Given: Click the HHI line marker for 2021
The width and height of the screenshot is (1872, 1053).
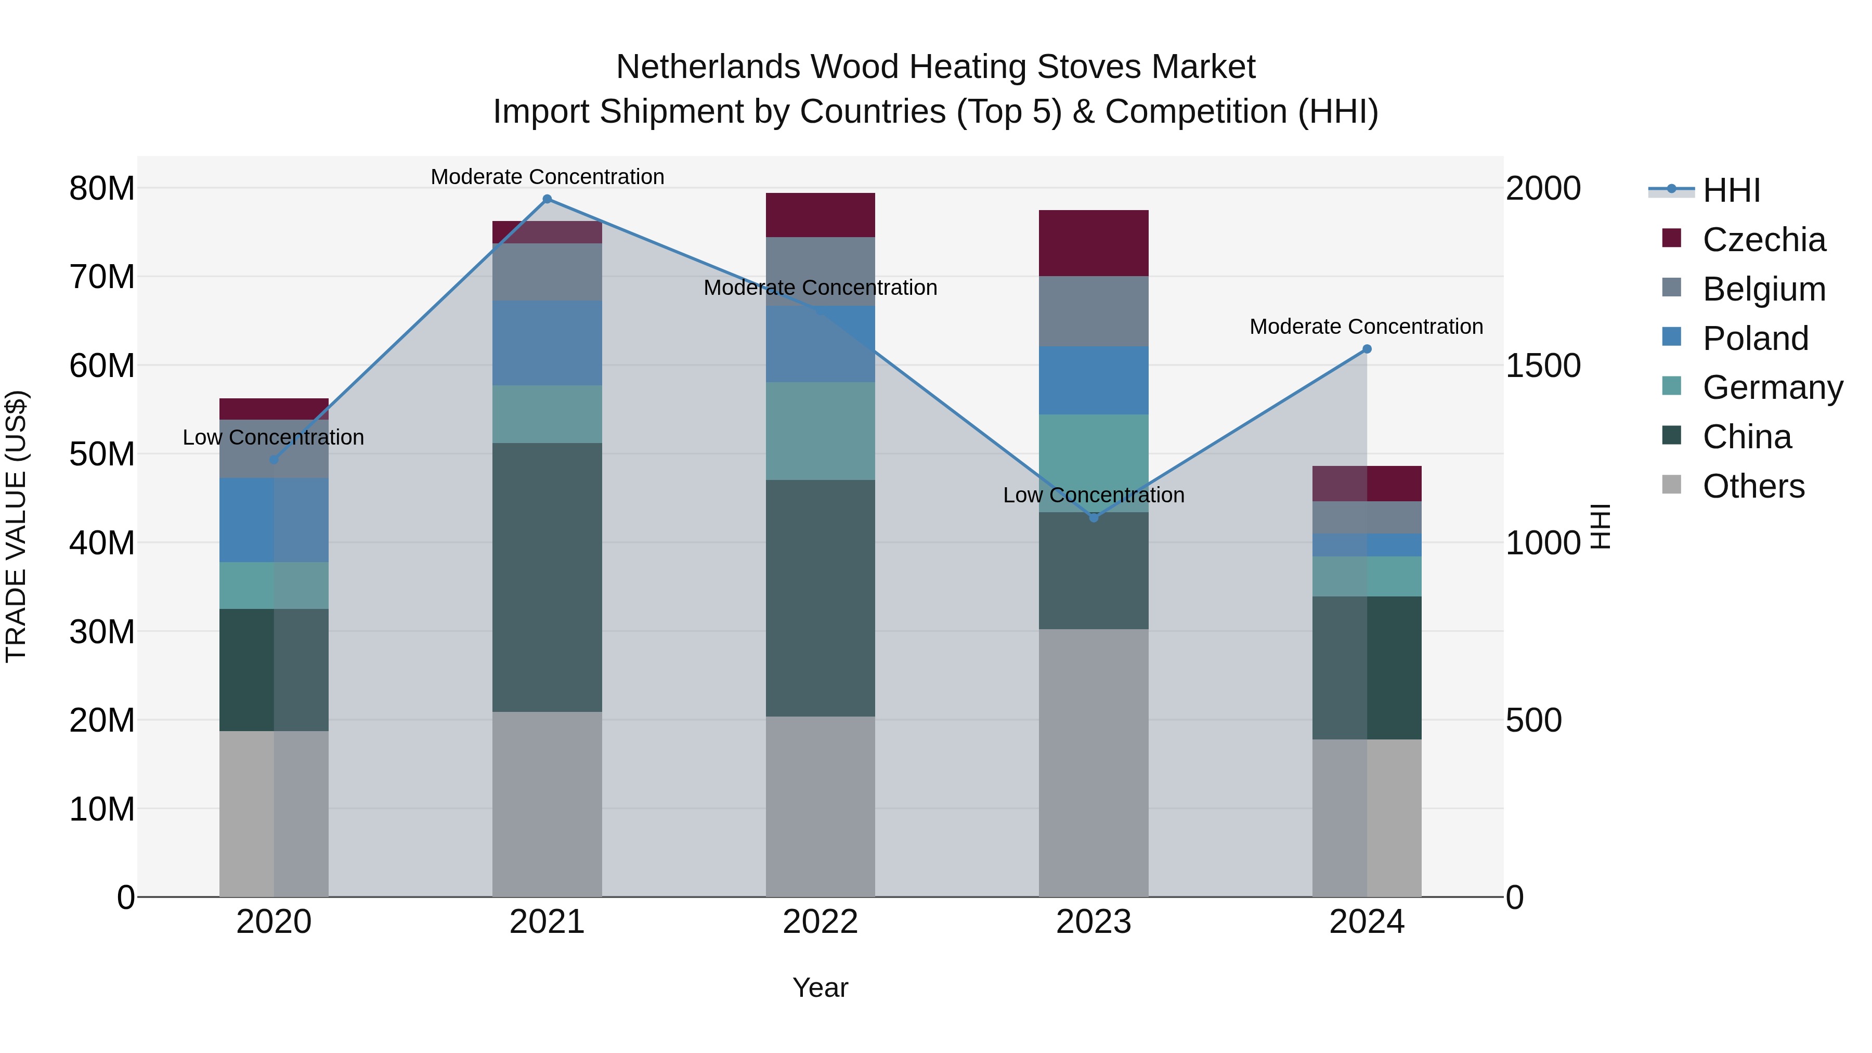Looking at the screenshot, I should (x=547, y=199).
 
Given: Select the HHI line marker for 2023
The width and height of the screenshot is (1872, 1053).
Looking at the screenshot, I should (x=1094, y=517).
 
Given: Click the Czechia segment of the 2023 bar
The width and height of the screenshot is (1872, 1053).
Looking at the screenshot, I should (x=1094, y=243).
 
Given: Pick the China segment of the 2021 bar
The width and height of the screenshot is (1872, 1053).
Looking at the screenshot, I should (x=547, y=577).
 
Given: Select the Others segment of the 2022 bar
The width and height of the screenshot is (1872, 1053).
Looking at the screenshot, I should (x=821, y=806).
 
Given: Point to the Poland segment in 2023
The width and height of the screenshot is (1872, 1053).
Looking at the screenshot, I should (x=1094, y=380).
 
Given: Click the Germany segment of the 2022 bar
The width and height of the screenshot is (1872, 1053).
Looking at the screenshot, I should (x=821, y=431).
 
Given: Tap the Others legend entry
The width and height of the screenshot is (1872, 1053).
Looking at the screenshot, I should (x=1753, y=486).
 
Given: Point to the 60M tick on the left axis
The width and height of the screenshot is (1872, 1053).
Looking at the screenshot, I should (x=102, y=366).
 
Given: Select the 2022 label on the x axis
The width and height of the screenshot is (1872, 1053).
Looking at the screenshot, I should (x=821, y=922).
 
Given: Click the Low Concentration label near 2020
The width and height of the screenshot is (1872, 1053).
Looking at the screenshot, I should (x=273, y=437).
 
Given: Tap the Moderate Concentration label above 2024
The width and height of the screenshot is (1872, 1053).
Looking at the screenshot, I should (x=1366, y=327).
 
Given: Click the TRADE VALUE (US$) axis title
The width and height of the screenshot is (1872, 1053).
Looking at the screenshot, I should (x=16, y=526).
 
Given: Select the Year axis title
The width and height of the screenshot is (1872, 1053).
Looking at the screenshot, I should (x=821, y=987).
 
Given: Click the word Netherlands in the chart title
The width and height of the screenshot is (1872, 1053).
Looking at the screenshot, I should (x=709, y=67).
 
